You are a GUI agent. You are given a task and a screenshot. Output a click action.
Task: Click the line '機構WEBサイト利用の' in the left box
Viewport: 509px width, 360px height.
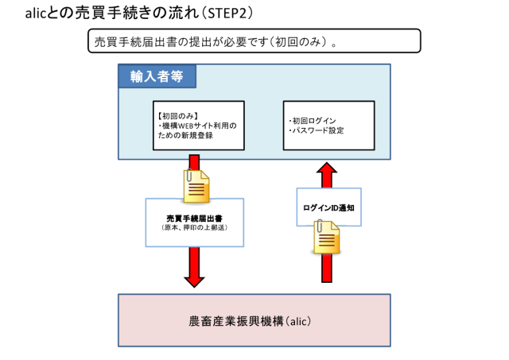pyautogui.click(x=198, y=125)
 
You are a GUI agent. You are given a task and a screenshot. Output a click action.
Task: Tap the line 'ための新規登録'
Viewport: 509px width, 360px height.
pyautogui.click(x=186, y=135)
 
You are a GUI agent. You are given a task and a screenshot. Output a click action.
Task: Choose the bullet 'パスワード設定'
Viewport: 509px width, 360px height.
pyautogui.click(x=317, y=130)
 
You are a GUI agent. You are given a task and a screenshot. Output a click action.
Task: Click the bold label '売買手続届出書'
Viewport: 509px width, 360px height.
pyautogui.click(x=193, y=217)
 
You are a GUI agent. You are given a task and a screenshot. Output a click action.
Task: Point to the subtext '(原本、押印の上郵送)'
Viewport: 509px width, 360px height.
pyautogui.click(x=193, y=228)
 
